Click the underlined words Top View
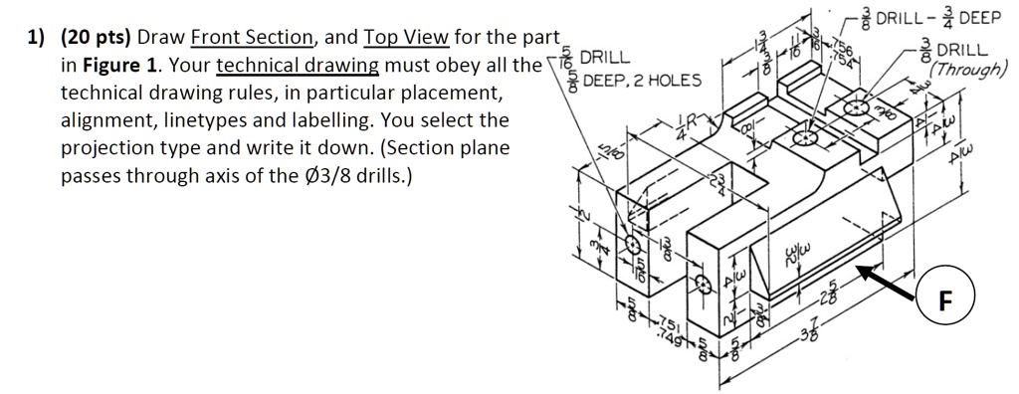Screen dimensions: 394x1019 click(409, 39)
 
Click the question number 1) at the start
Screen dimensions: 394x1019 click(37, 39)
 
